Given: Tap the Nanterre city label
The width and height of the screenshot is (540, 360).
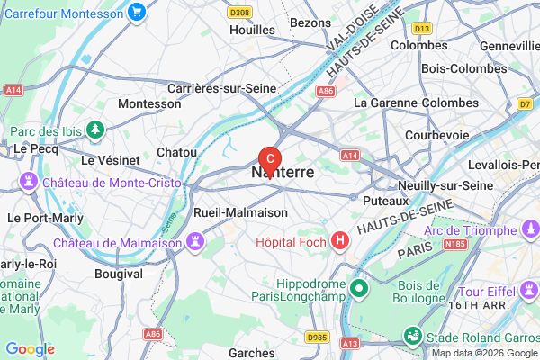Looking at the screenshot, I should pos(283,171).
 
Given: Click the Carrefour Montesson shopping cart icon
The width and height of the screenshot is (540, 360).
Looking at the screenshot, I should pos(137,12).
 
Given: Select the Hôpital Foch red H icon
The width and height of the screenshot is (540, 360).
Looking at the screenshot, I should pos(339,241).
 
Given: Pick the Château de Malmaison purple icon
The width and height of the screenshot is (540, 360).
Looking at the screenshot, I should pos(193,243).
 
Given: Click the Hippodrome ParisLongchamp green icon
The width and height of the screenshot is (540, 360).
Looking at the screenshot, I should pos(359,289).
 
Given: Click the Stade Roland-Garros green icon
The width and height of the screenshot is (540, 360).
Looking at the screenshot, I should pos(412,337).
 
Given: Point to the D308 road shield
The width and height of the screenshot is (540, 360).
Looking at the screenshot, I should pos(239,13).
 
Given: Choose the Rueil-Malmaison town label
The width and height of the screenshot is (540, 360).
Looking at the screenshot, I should pos(241,213).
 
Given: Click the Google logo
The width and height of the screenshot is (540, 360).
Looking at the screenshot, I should pos(30,349).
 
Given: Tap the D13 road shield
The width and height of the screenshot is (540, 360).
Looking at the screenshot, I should pos(424,29).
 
